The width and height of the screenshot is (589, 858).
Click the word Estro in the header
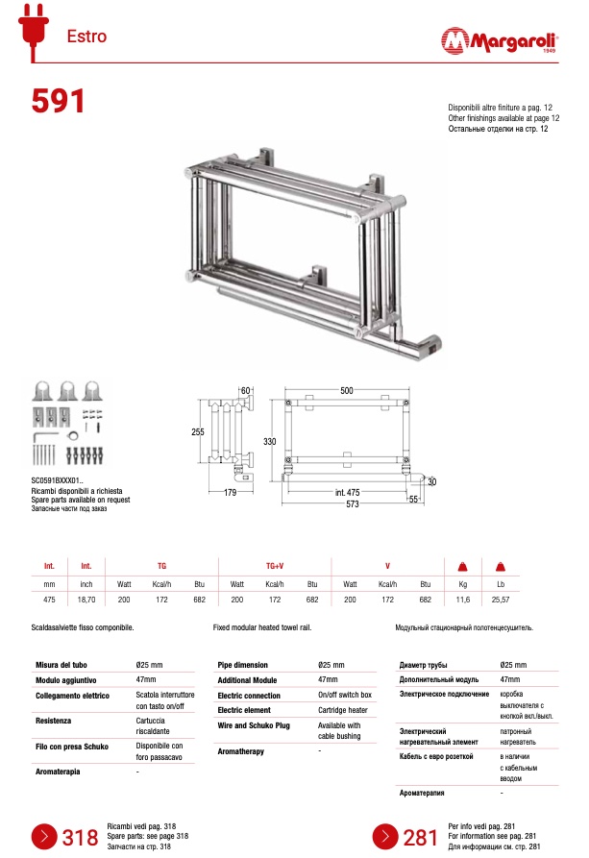tap(86, 37)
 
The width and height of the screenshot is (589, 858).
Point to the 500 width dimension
tap(346, 390)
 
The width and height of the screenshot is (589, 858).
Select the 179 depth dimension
tap(231, 493)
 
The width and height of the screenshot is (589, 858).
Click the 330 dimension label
tap(270, 441)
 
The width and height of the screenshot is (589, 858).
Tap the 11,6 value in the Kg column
tap(462, 599)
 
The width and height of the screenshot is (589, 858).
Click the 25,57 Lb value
tap(501, 599)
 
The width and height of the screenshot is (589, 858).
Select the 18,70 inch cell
tap(86, 599)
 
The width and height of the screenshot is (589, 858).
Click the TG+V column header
tap(274, 567)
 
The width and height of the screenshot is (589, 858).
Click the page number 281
tap(421, 838)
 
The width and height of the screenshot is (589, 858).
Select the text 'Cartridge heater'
tap(342, 710)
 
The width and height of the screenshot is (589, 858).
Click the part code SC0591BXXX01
tap(58, 479)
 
